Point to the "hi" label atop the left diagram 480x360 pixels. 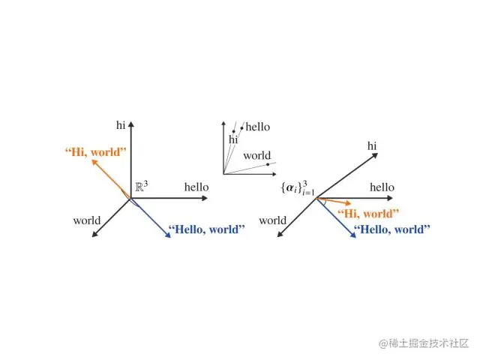[x=121, y=124]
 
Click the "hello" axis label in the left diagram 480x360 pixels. [x=196, y=187]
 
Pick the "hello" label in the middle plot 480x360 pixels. [x=258, y=127]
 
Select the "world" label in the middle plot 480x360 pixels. [x=256, y=156]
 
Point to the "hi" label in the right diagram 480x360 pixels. [x=373, y=145]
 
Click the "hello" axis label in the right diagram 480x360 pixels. [x=382, y=187]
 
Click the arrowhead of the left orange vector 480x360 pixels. [x=94, y=162]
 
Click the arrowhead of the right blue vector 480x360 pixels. [x=352, y=235]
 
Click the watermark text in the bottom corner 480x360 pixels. [x=424, y=344]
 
